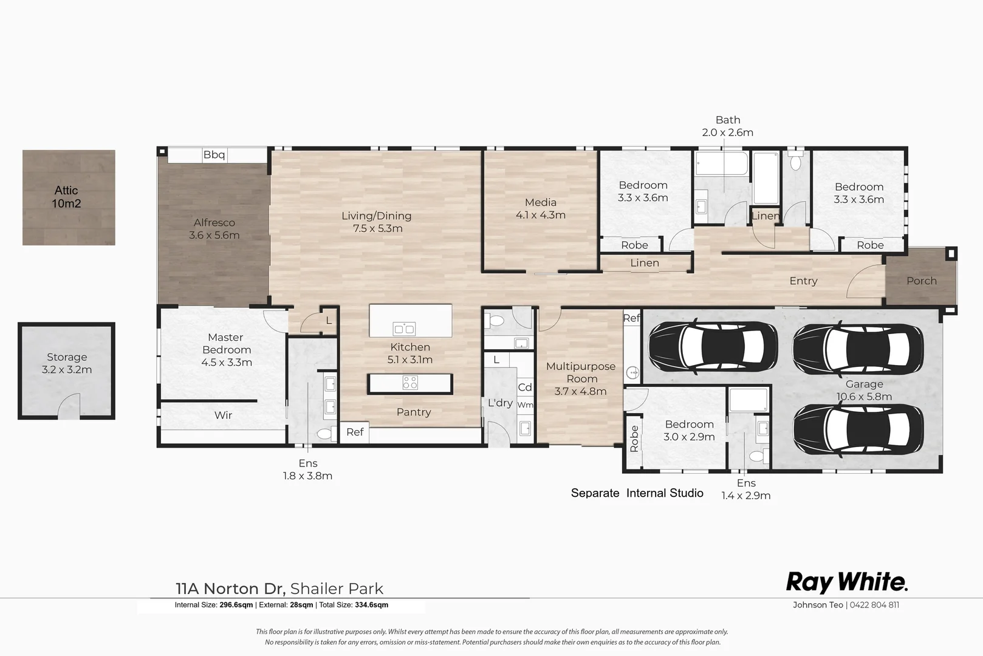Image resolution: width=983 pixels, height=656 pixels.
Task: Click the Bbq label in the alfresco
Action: pos(214,155)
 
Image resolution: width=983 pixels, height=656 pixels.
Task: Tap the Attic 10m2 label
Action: pos(66,197)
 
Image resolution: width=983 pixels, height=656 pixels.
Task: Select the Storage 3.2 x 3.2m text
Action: pos(67,363)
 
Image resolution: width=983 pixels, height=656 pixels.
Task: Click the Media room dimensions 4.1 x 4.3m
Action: pos(540,215)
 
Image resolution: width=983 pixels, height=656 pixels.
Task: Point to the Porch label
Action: pos(921,281)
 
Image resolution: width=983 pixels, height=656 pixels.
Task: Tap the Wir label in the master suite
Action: pos(223,415)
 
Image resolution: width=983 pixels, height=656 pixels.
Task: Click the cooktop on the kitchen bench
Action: pos(410,383)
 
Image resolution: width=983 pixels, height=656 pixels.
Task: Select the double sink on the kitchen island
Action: pos(404,329)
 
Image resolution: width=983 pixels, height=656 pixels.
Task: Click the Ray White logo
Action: pos(846,582)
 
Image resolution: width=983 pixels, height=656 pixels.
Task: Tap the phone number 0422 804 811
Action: pos(874,605)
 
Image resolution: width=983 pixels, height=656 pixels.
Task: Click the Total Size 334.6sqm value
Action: pos(371,605)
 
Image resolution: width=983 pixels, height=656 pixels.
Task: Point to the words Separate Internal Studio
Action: pos(637,493)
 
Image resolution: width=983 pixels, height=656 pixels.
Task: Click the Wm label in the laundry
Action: pos(525,405)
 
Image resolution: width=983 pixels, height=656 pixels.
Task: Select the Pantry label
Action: pos(414,412)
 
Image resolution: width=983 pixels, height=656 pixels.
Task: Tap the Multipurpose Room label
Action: pos(580,372)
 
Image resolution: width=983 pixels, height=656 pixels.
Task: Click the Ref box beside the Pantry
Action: pos(355,432)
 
